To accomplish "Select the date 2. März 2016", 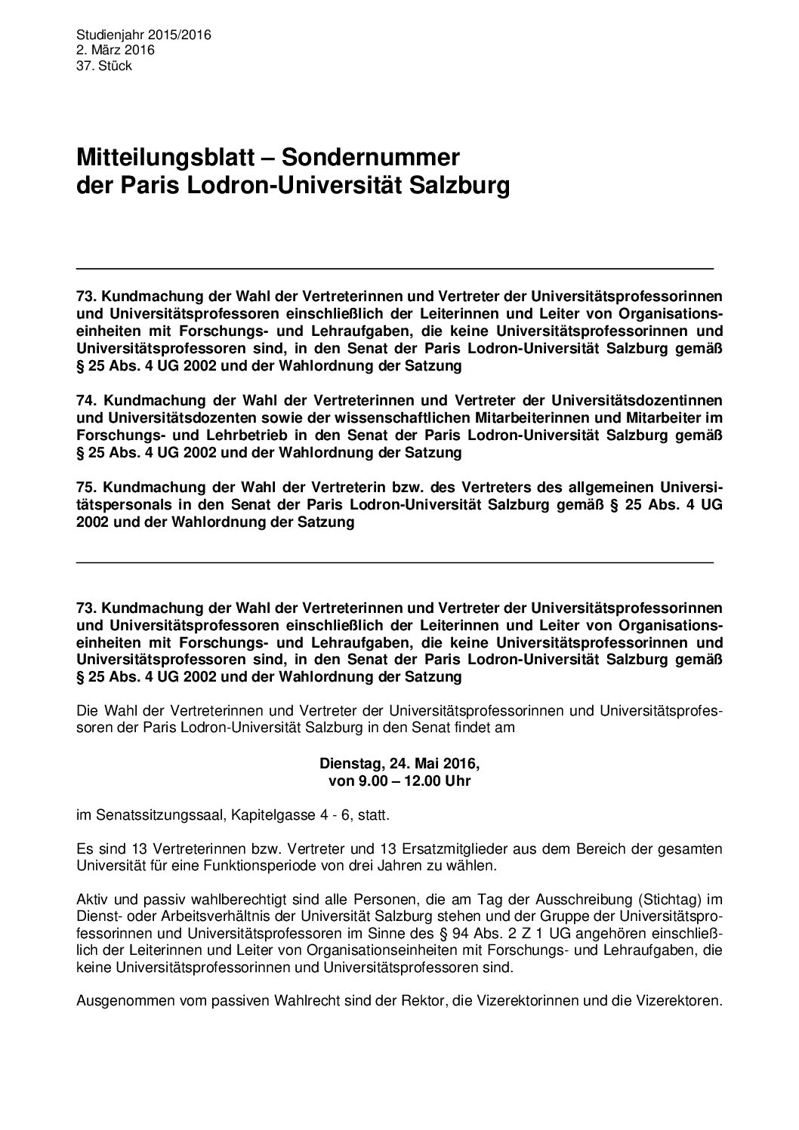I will pos(116,50).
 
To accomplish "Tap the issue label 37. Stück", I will pos(104,66).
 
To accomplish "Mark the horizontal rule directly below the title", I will pos(395,268).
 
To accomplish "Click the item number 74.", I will pos(87,400).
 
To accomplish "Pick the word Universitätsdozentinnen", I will pos(637,400).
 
